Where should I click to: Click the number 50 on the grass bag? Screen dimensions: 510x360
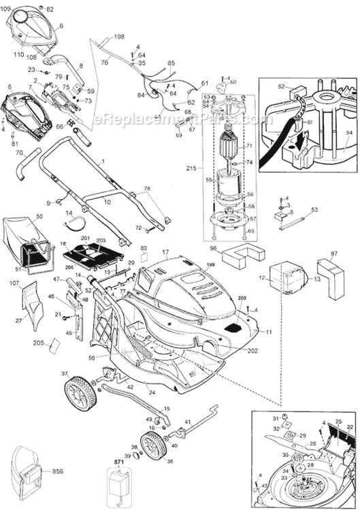39,216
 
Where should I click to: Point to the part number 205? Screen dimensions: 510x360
37,343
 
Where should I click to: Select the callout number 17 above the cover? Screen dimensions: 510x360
165,253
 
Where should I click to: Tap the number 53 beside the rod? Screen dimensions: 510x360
314,211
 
